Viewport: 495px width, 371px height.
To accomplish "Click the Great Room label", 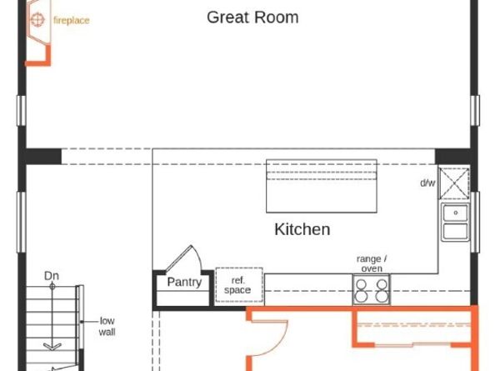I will (x=252, y=18).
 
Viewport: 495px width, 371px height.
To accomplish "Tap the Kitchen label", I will (x=302, y=229).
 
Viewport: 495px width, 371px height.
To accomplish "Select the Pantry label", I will (x=183, y=282).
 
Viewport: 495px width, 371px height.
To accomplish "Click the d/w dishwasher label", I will (x=427, y=183).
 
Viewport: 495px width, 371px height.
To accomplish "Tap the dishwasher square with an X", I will (x=456, y=184).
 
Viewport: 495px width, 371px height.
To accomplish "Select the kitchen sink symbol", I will (x=456, y=222).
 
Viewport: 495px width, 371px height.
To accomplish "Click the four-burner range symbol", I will (x=371, y=290).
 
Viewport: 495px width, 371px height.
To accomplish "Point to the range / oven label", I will (x=371, y=263).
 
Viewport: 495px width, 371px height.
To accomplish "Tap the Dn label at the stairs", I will (x=52, y=276).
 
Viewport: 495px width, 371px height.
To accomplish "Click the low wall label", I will (x=107, y=326).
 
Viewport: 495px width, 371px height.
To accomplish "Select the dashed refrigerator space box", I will (x=238, y=286).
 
